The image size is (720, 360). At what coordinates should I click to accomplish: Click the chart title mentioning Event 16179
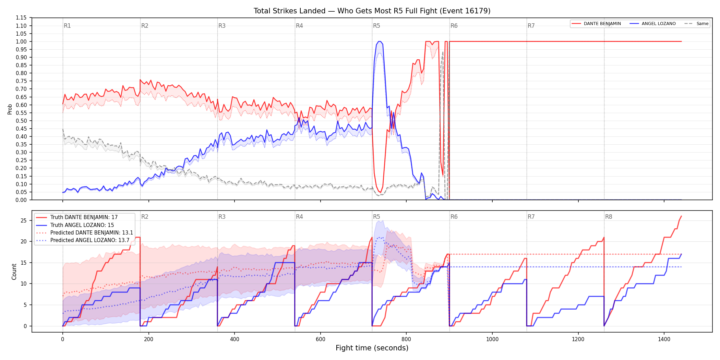pyautogui.click(x=372, y=11)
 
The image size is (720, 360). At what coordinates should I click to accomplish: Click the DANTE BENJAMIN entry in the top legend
pyautogui.click(x=596, y=24)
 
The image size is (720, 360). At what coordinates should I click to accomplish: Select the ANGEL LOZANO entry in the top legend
pyautogui.click(x=653, y=24)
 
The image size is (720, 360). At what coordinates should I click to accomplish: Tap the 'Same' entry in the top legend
pyautogui.click(x=696, y=24)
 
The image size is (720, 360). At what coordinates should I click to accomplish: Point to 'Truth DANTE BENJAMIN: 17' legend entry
pyautogui.click(x=77, y=217)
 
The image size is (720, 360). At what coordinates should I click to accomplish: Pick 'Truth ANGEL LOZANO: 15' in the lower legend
pyautogui.click(x=75, y=225)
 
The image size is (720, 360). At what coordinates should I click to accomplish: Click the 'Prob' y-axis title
pyautogui.click(x=10, y=109)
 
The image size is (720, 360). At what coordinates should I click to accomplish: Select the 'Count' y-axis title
pyautogui.click(x=14, y=272)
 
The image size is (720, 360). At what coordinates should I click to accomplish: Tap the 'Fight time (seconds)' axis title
pyautogui.click(x=372, y=348)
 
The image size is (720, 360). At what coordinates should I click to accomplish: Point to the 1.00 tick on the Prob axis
pyautogui.click(x=21, y=41)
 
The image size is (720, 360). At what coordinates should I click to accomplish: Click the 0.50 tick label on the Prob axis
pyautogui.click(x=21, y=121)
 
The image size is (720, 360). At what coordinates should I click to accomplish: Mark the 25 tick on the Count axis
pyautogui.click(x=24, y=220)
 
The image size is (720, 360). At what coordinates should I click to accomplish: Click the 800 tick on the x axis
pyautogui.click(x=406, y=339)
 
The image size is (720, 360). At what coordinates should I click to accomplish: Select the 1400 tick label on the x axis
pyautogui.click(x=664, y=339)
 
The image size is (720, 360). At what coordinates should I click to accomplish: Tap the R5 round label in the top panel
pyautogui.click(x=376, y=26)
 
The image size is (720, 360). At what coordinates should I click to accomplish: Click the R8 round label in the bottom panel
pyautogui.click(x=609, y=217)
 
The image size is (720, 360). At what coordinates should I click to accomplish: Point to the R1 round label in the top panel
pyautogui.click(x=67, y=26)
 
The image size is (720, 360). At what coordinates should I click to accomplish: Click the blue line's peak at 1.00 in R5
pyautogui.click(x=379, y=41)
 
